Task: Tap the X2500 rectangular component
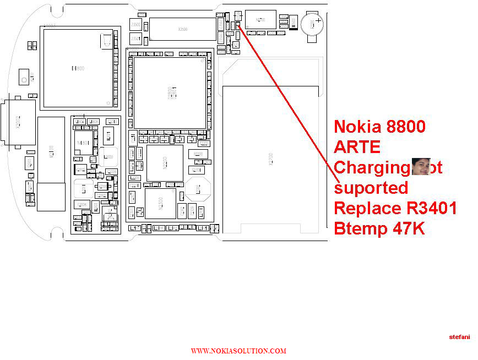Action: point(182,29)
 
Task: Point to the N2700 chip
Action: point(260,20)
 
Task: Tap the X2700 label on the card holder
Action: point(270,160)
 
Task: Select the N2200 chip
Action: point(164,163)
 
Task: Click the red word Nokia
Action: point(358,127)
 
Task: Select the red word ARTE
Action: point(357,147)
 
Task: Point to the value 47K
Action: point(406,228)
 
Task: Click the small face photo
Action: point(421,166)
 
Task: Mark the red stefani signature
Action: point(459,336)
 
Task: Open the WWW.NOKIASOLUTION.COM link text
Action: point(238,351)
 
